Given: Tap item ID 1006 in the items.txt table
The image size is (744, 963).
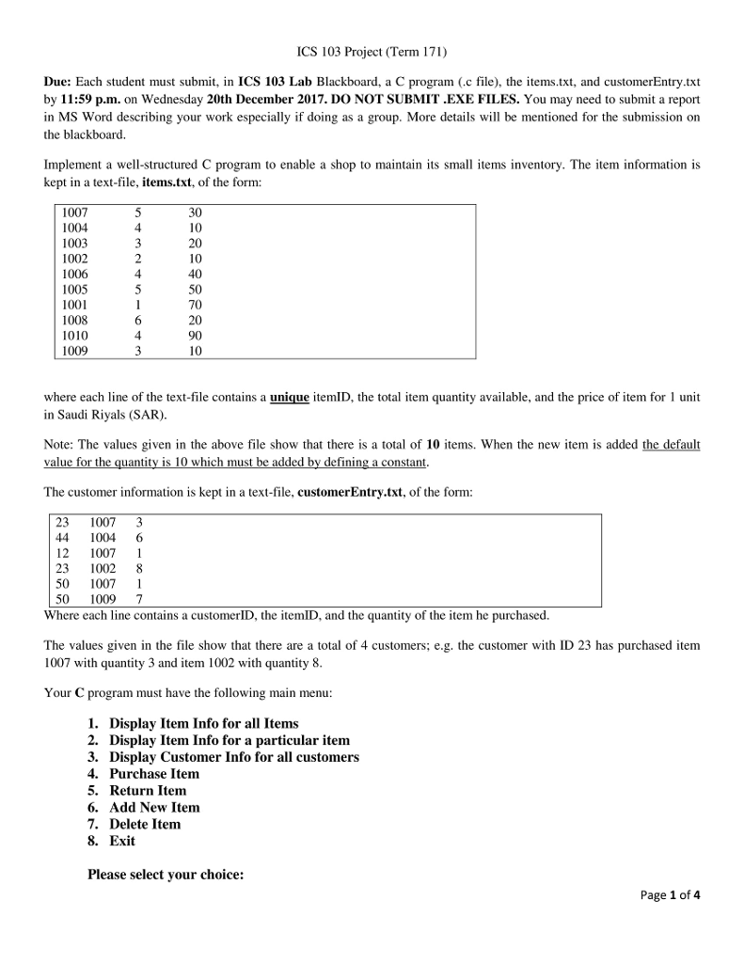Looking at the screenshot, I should [74, 275].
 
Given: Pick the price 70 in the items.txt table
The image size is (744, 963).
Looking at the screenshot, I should [195, 305].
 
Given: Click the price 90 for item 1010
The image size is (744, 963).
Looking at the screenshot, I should [195, 336].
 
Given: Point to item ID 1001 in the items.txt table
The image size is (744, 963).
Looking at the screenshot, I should [74, 305].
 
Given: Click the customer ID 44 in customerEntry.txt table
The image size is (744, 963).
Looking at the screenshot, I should [62, 537].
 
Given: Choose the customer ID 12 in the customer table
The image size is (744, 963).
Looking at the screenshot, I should [62, 553].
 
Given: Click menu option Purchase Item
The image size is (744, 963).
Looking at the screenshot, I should [154, 774].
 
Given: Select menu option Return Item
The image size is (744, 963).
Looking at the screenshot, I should [148, 791].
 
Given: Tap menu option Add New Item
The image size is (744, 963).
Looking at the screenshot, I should [154, 808].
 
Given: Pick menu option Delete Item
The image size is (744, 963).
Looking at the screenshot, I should [145, 825].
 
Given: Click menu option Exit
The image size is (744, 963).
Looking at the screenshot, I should [122, 842].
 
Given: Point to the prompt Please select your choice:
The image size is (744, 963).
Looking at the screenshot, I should [166, 876].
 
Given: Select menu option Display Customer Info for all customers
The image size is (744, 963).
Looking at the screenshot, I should [234, 757].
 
